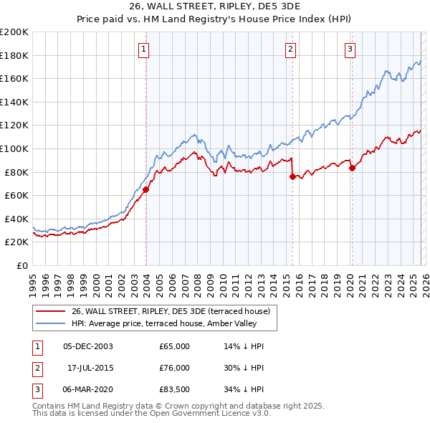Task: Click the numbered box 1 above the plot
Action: point(144,49)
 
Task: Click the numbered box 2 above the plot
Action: point(290,49)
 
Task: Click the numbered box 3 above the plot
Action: point(350,49)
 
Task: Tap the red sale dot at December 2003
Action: point(145,190)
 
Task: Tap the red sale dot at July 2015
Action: point(292,176)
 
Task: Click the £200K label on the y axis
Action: point(14,32)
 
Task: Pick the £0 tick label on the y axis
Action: point(21,265)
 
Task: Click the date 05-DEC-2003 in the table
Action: point(88,346)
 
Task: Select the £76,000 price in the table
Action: point(175,368)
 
